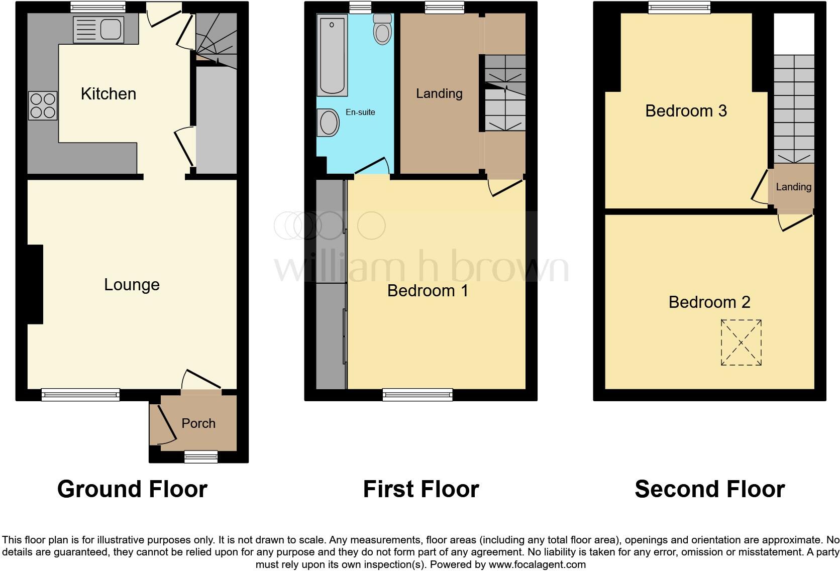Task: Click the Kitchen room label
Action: point(109,94)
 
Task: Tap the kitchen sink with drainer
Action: point(98,29)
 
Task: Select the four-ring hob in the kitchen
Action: point(43,105)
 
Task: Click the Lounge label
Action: point(132,285)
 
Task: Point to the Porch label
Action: point(198,423)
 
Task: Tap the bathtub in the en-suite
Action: point(332,54)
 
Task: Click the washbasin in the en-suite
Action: point(329,123)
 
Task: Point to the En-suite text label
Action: point(360,112)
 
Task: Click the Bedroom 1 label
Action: point(428,291)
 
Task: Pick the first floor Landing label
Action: point(439,93)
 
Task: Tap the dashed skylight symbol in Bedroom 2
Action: point(741,343)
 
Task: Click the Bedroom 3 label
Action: point(686,111)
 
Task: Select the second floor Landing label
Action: point(793,187)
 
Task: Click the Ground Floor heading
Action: point(132,489)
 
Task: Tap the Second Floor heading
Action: point(709,489)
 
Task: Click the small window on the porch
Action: point(200,456)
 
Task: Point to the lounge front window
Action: point(80,395)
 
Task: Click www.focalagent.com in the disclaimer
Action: point(537,564)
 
